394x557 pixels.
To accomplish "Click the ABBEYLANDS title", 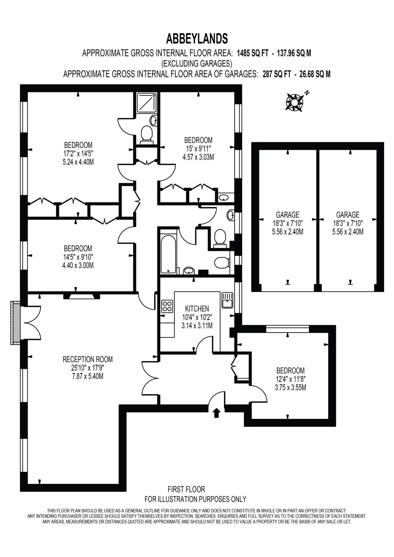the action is (x=197, y=38).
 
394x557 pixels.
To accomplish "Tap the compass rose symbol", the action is (x=294, y=102).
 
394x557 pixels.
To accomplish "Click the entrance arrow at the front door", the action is (x=216, y=413).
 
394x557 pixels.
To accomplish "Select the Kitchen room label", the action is (x=197, y=308).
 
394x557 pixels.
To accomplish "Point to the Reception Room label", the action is (x=88, y=359).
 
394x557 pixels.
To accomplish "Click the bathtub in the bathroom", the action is (x=168, y=250).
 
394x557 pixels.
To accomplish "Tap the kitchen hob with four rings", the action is (x=167, y=306).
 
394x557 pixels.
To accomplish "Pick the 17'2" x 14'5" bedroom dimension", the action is (x=78, y=153).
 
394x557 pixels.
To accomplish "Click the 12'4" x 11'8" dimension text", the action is (x=291, y=379).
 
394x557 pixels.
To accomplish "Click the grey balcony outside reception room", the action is (x=15, y=323).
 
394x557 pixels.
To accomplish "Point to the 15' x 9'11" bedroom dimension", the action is (x=198, y=148).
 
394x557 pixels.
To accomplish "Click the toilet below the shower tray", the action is (x=147, y=135).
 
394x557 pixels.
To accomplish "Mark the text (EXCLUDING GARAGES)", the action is (x=197, y=63).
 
